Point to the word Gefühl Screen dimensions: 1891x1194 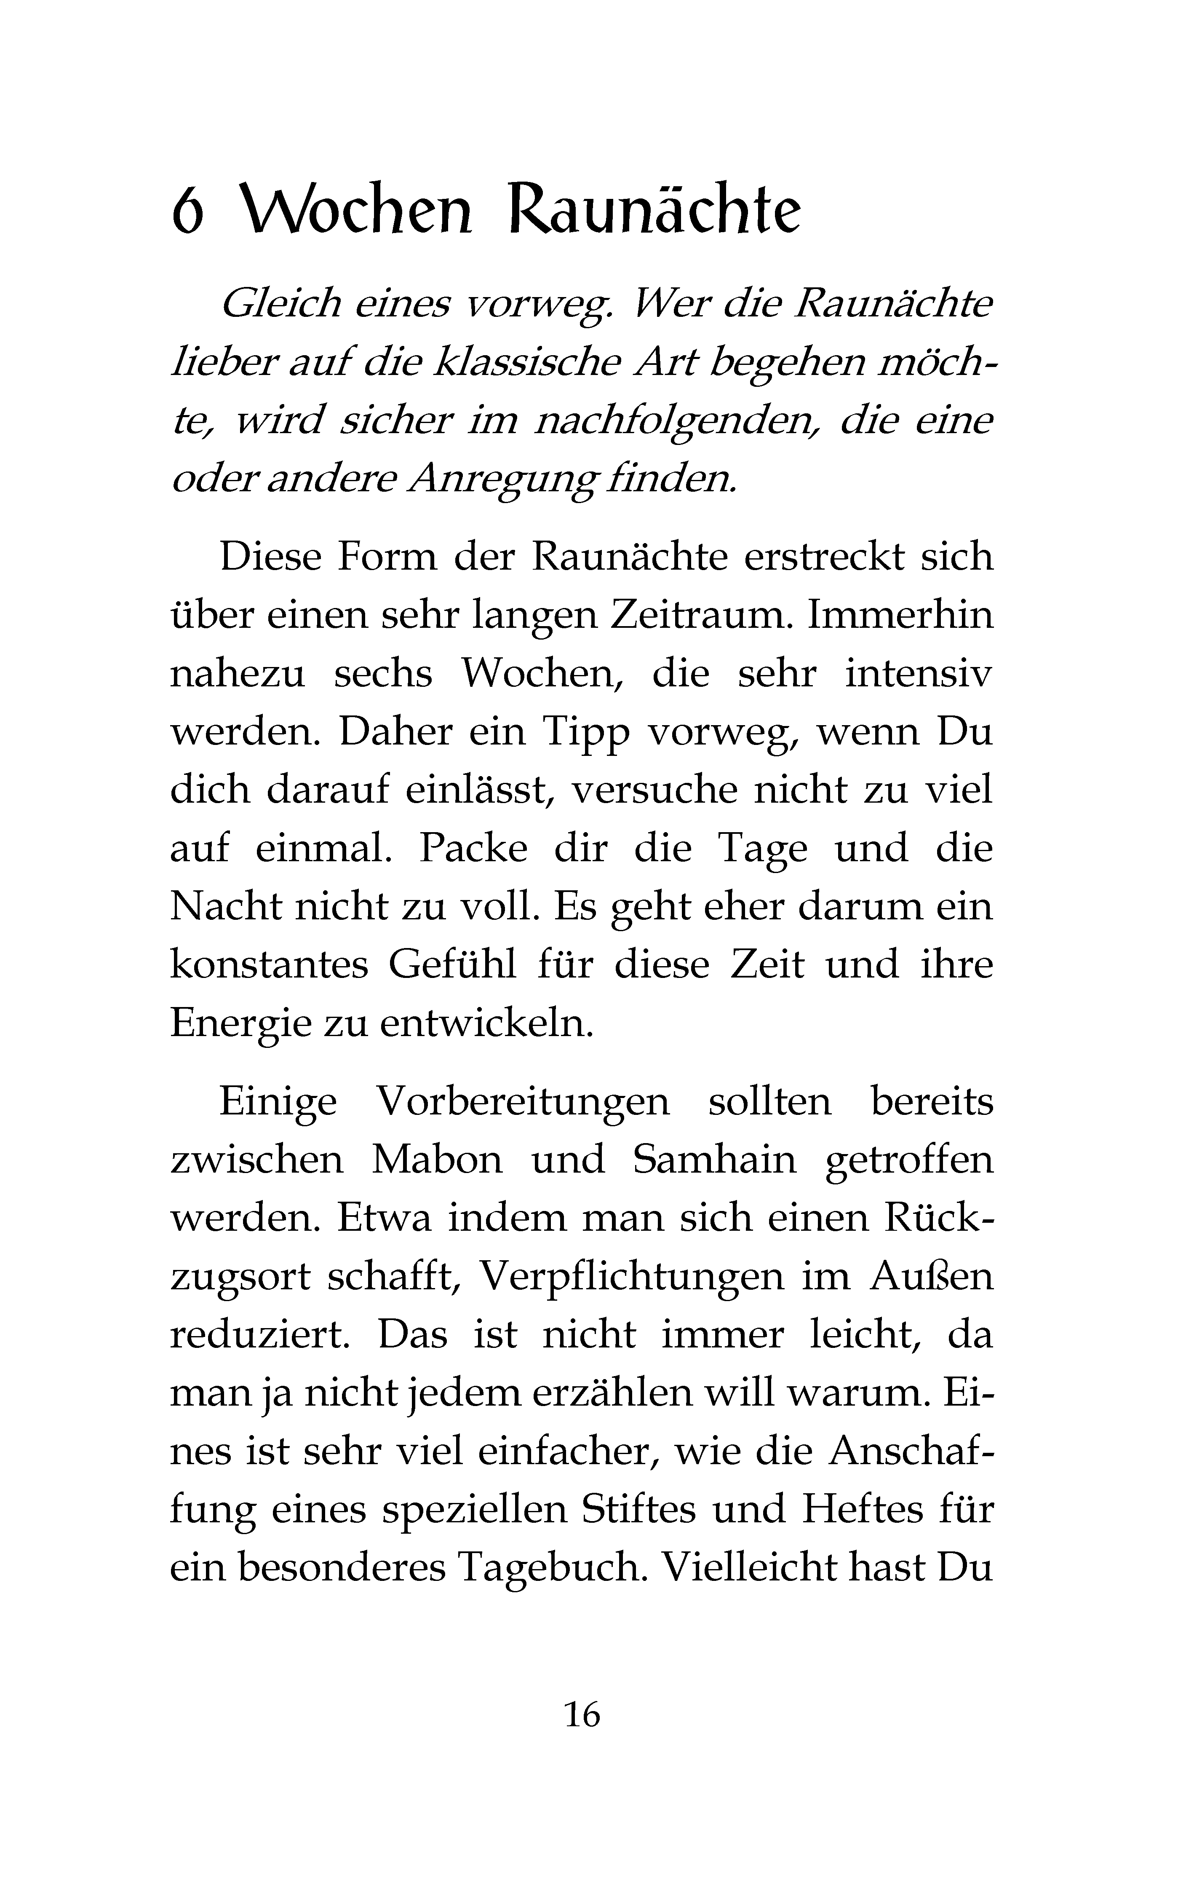click(x=452, y=965)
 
